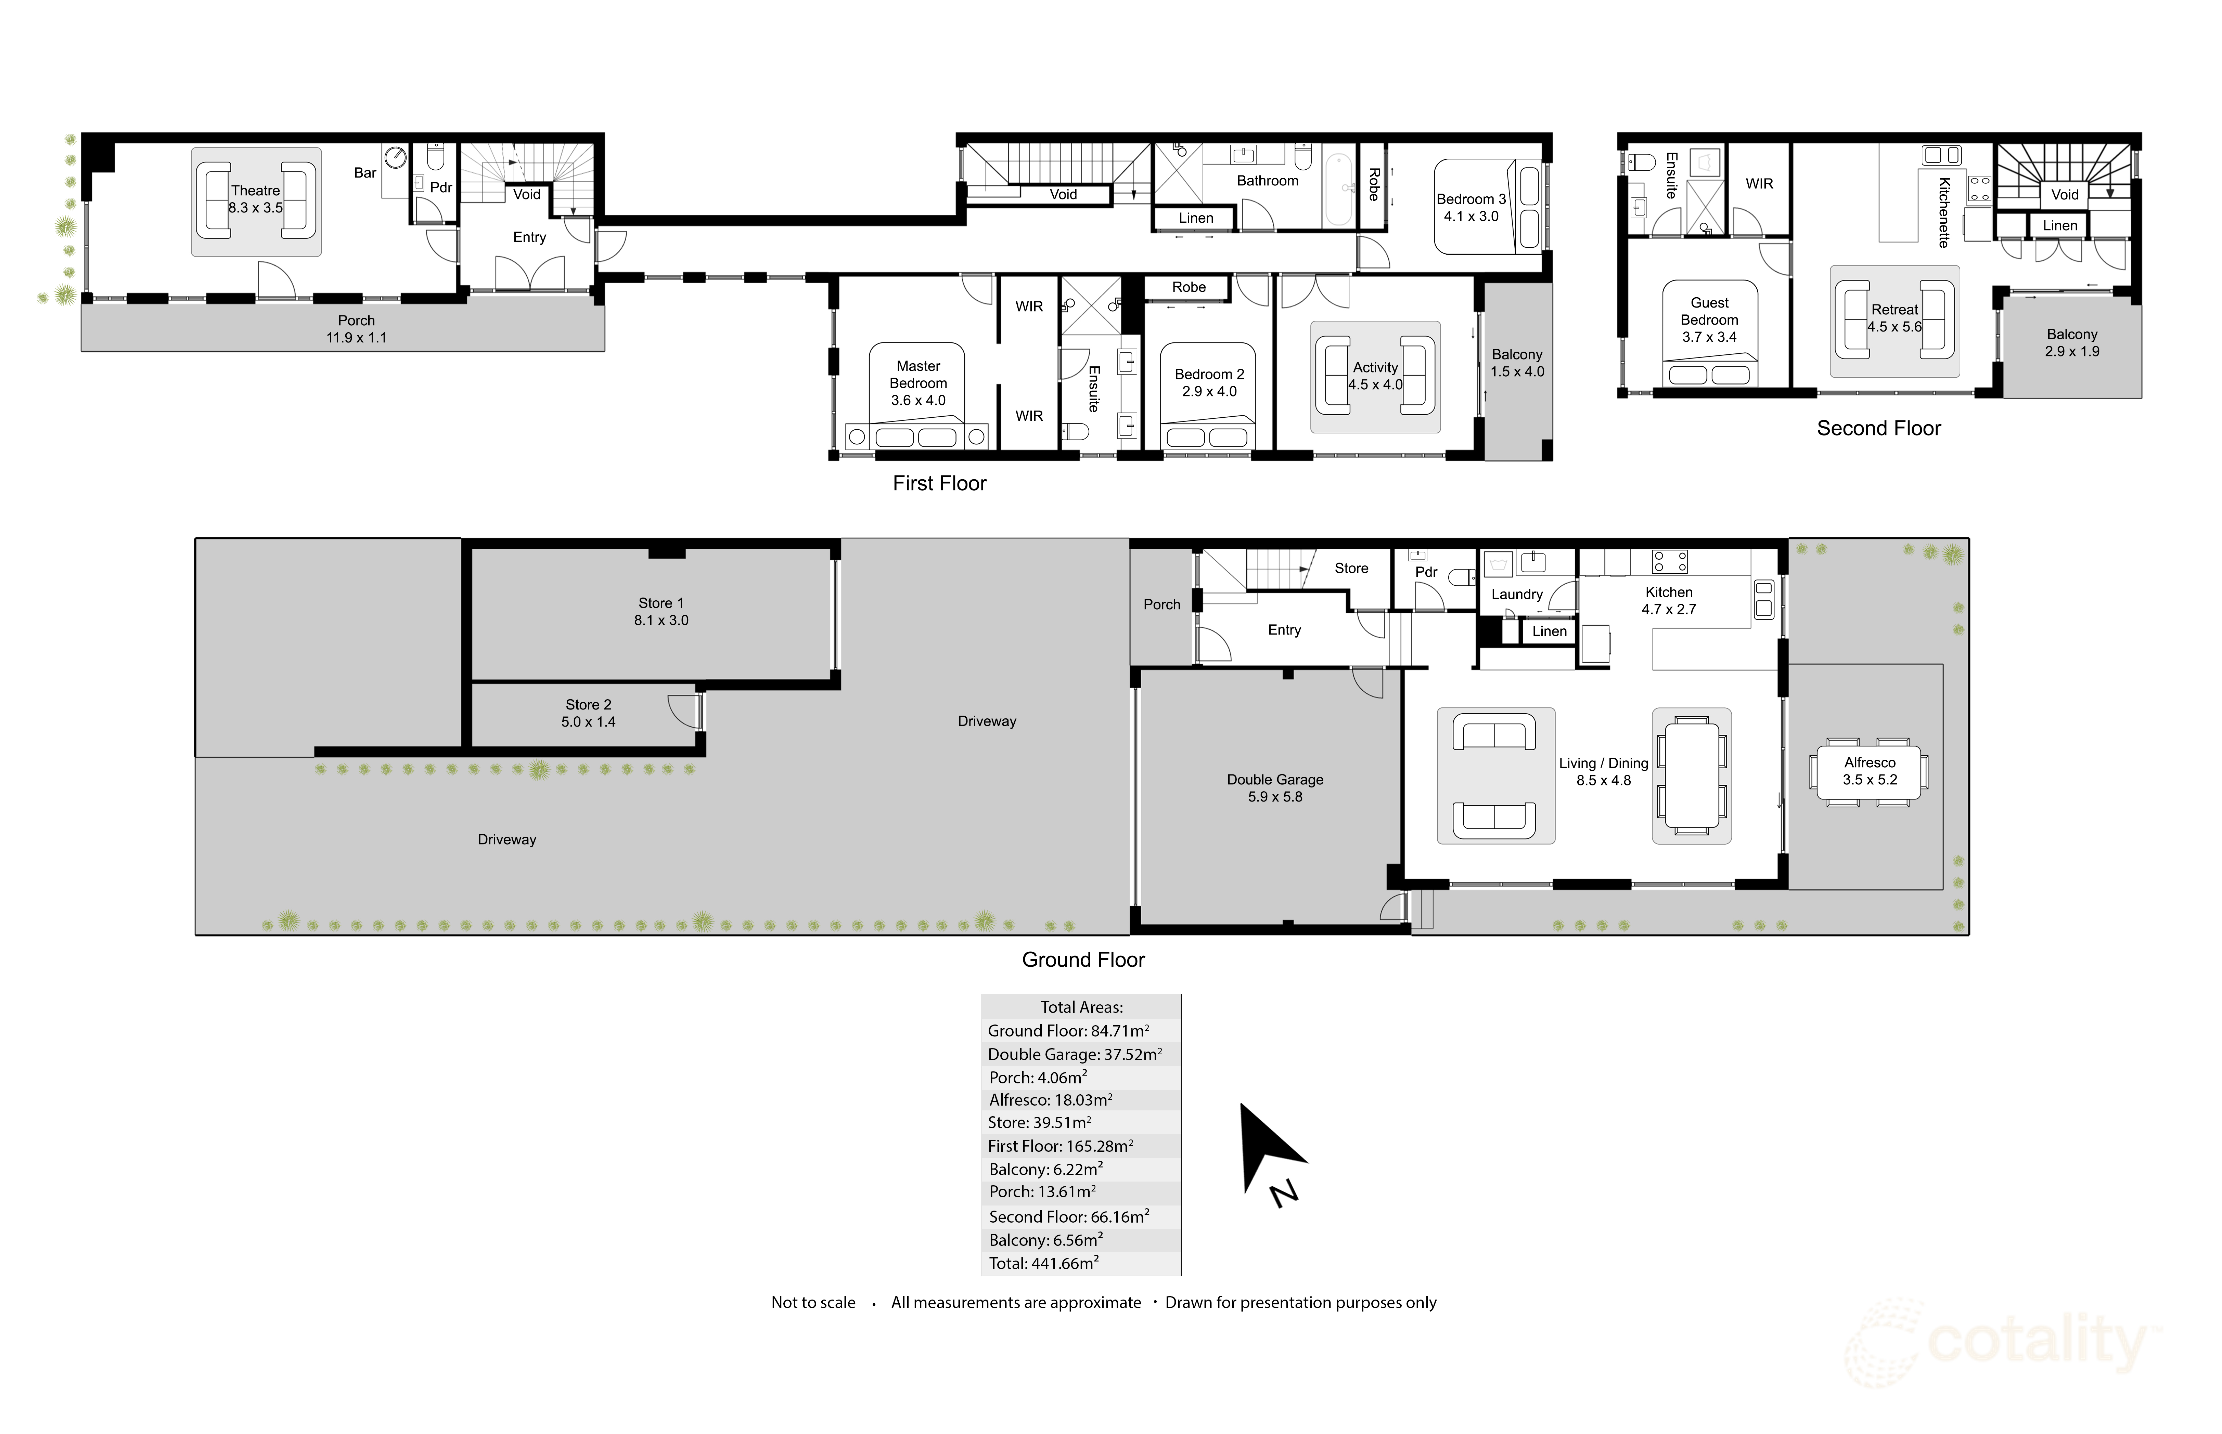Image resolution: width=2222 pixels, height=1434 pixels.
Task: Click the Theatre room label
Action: pos(255,190)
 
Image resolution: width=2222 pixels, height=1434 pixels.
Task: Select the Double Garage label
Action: pos(1275,779)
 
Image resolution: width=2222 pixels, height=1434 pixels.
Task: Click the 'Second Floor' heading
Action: pos(1878,428)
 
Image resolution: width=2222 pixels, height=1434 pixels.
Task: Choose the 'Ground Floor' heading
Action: pos(1083,960)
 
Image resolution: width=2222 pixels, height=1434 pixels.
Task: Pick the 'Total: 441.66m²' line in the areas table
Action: pos(1043,1264)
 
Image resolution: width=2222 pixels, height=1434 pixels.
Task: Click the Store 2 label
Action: pos(589,705)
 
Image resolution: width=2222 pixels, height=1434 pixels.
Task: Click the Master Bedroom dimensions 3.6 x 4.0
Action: pos(918,400)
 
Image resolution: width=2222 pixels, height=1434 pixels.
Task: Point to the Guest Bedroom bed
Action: pos(1710,334)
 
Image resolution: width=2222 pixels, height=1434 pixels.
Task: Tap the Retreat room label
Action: pos(1894,309)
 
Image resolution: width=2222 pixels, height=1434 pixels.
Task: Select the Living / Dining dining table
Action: pos(1691,775)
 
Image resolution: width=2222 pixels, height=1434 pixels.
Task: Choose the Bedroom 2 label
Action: pos(1210,374)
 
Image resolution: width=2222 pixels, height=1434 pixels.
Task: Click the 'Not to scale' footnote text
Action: pos(813,1303)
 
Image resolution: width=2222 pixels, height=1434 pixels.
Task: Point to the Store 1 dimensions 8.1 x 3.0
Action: pos(661,620)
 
